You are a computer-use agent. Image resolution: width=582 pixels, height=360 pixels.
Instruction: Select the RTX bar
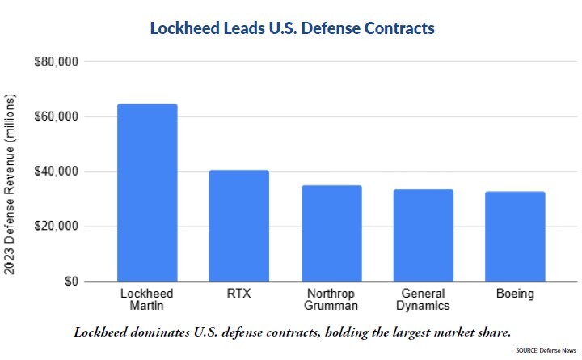pyautogui.click(x=239, y=226)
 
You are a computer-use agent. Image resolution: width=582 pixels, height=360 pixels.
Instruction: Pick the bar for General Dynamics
pyautogui.click(x=424, y=235)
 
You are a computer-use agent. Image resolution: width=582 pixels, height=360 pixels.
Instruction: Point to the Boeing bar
pyautogui.click(x=515, y=236)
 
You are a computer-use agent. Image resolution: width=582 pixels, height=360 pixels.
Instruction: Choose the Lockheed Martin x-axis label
pyautogui.click(x=147, y=299)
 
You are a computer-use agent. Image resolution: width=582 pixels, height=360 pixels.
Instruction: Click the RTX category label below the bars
pyautogui.click(x=239, y=294)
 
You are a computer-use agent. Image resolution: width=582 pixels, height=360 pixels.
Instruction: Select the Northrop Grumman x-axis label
pyautogui.click(x=331, y=299)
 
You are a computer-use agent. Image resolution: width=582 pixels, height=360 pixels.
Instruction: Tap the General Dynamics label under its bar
pyautogui.click(x=424, y=299)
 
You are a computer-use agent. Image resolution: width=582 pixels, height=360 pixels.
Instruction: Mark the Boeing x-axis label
pyautogui.click(x=515, y=294)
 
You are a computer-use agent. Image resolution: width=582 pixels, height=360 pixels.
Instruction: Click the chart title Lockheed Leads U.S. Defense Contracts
pyautogui.click(x=293, y=28)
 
